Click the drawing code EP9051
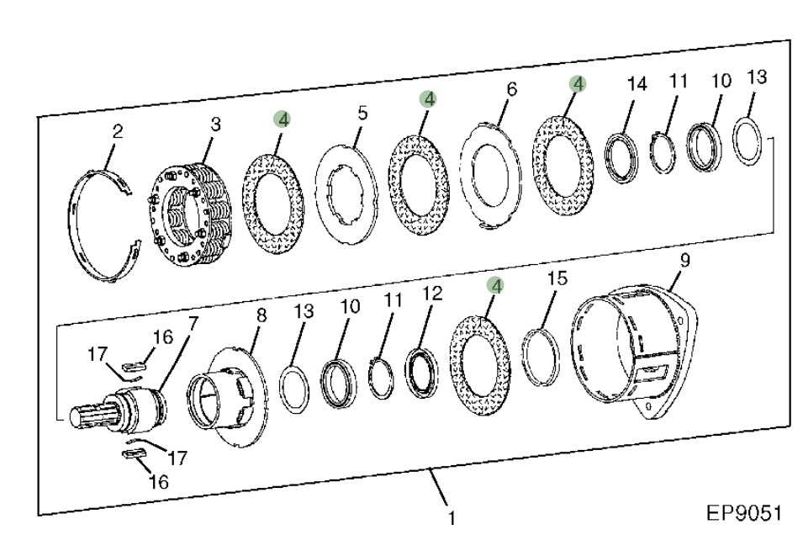pos(744,513)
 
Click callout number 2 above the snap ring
pos(117,132)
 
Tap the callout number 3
pos(215,124)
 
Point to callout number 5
pos(362,113)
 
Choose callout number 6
pos(511,89)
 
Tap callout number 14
pos(637,83)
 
